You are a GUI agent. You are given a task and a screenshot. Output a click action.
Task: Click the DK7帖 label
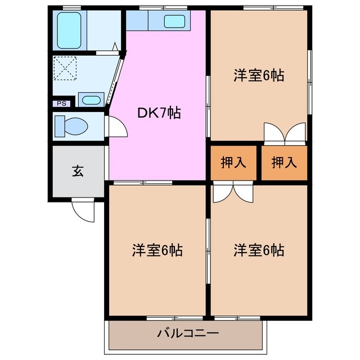pyautogui.click(x=159, y=112)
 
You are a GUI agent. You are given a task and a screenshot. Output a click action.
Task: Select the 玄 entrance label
pyautogui.click(x=78, y=172)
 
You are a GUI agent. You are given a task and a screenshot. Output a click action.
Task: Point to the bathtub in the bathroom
pyautogui.click(x=70, y=28)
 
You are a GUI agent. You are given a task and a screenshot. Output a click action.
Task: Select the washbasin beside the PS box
pyautogui.click(x=91, y=101)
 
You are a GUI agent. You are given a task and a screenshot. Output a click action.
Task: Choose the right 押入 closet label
pyautogui.click(x=284, y=163)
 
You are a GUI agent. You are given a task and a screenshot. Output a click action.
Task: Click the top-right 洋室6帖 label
pyautogui.click(x=258, y=76)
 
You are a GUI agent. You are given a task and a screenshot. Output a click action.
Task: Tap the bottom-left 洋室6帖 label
pyautogui.click(x=157, y=249)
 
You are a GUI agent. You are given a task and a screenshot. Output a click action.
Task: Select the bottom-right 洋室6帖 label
pyautogui.click(x=258, y=249)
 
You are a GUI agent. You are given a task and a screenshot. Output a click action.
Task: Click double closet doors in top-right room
pyautogui.click(x=285, y=135)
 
